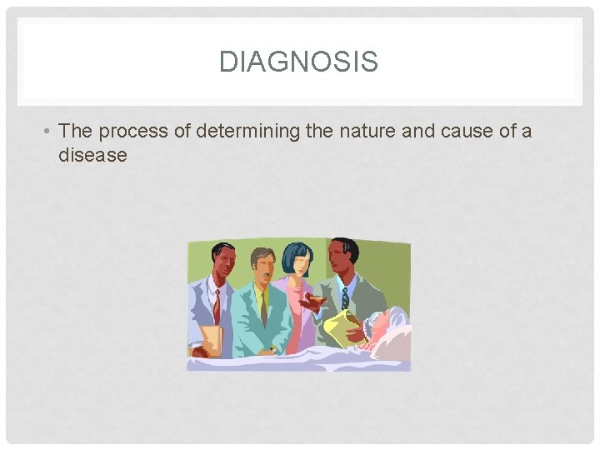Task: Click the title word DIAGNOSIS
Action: coord(298,62)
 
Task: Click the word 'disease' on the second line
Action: coord(92,155)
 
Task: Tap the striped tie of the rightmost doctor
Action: coord(344,297)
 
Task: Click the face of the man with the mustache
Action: coord(263,267)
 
